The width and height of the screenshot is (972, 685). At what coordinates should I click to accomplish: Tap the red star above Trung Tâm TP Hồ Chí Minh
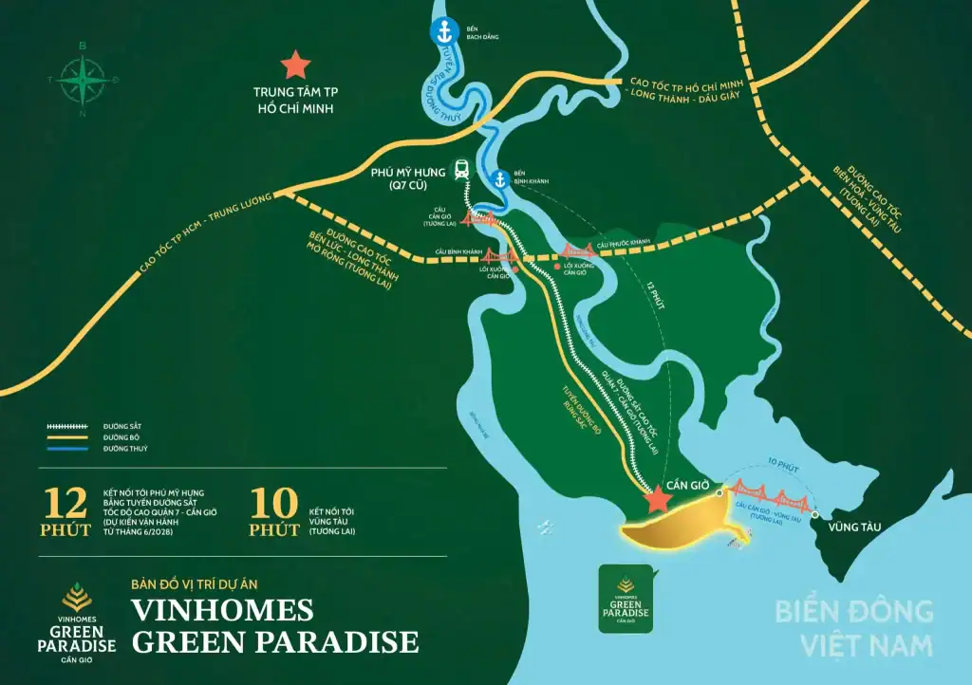[x=295, y=65]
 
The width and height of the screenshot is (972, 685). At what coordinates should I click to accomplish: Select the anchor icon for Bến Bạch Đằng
[x=442, y=32]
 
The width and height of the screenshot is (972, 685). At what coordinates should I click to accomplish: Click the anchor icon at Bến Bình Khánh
[x=498, y=178]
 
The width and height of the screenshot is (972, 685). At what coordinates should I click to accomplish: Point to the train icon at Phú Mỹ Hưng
[x=461, y=170]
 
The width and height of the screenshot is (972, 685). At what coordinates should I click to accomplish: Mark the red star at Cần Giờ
[x=654, y=500]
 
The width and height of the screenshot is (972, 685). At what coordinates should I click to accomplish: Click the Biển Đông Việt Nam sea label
[x=853, y=628]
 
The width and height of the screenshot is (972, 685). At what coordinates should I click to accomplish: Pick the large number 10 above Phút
[x=273, y=502]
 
